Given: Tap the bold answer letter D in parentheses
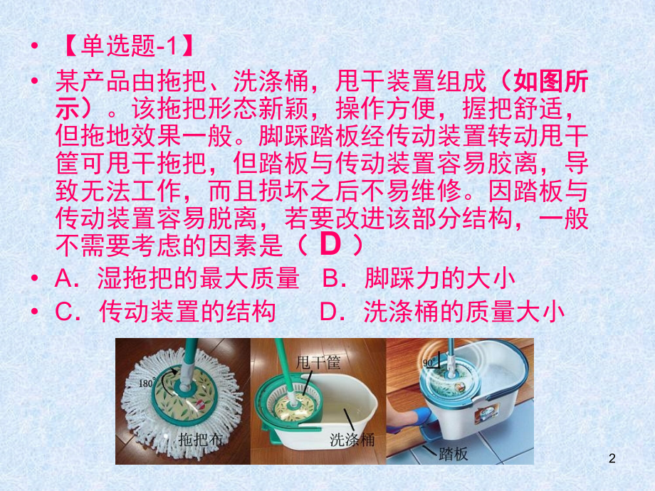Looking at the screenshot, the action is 330,244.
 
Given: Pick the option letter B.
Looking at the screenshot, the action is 332,278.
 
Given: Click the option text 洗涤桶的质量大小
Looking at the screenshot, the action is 463,312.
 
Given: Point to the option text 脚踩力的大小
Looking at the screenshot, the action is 440,278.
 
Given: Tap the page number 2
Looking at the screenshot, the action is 612,458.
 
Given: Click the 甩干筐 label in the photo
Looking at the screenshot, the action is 318,362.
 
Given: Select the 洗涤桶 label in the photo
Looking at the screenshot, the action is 352,439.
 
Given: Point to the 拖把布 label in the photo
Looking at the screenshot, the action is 200,439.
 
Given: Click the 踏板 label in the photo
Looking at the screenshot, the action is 454,453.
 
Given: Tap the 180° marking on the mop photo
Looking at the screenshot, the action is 146,383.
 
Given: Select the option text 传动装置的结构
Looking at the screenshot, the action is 187,312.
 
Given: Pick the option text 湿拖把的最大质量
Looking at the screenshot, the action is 198,278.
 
